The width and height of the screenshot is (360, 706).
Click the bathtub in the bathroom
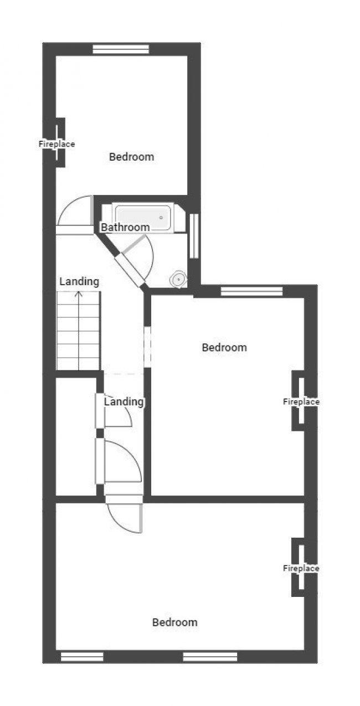143,217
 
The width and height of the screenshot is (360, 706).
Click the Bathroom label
125,227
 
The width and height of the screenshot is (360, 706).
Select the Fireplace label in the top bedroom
56,144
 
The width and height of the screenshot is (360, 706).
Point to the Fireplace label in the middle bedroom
301,402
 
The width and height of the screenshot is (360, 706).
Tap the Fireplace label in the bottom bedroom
301,568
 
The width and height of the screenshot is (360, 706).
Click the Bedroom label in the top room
131,157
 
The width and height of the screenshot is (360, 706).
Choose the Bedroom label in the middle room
224,348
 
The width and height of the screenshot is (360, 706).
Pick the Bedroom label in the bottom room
174,622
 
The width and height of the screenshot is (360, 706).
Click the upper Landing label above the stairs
79,281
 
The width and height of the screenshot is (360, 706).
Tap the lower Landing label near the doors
124,402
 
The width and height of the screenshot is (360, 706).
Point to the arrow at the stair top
79,295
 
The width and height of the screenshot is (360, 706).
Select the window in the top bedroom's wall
121,49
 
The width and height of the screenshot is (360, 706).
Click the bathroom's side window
194,236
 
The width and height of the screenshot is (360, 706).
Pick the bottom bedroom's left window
82,657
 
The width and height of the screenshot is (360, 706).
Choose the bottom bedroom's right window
210,657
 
